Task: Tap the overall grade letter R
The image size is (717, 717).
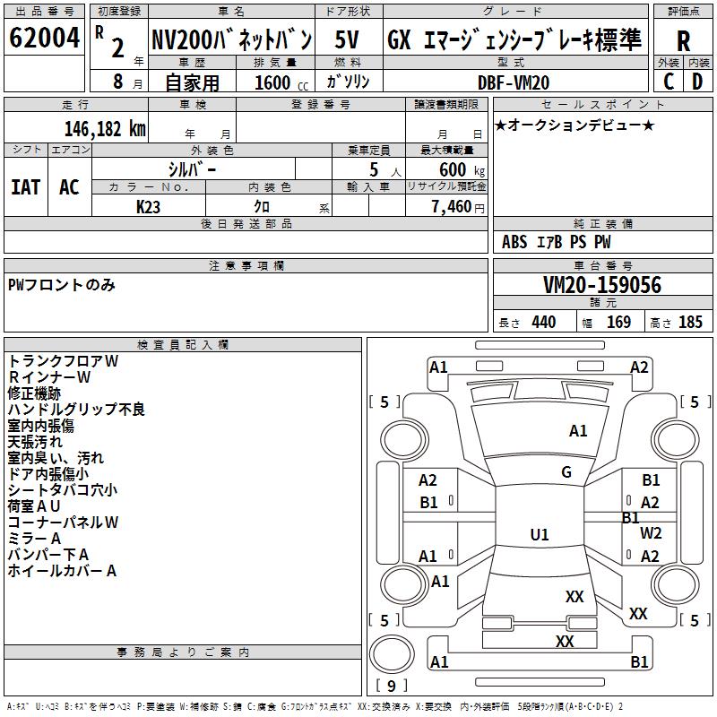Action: [x=683, y=40]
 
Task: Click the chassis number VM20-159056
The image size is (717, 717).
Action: [x=602, y=285]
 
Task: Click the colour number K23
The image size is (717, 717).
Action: [x=149, y=205]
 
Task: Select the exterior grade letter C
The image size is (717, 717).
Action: [x=669, y=82]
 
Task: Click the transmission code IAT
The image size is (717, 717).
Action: [x=25, y=186]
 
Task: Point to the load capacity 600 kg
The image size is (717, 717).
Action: [x=462, y=169]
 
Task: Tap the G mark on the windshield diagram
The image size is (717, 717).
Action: [x=566, y=471]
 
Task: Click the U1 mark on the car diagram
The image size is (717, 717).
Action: [x=540, y=535]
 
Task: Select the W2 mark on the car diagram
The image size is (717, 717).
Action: [x=651, y=532]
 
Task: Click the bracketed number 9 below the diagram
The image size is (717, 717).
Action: [x=390, y=686]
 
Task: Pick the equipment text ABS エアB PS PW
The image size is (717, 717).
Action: [x=556, y=242]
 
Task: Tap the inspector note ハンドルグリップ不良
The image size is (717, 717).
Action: [x=76, y=410]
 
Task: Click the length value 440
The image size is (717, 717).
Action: [x=543, y=323]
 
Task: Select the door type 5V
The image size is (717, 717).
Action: [x=348, y=39]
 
